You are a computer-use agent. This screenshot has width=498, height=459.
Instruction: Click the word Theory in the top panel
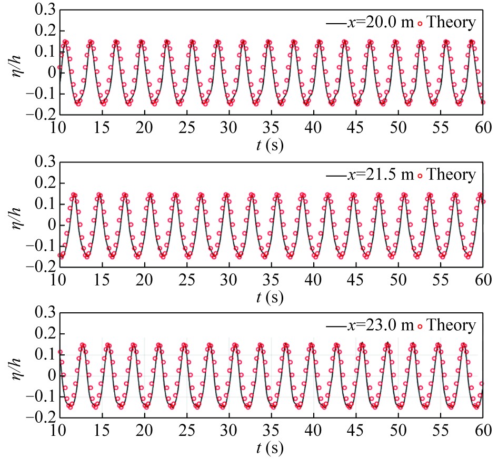[x=451, y=23]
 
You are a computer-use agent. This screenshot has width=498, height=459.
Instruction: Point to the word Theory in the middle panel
[x=451, y=175]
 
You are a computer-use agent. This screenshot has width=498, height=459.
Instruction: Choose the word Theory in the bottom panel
[x=451, y=326]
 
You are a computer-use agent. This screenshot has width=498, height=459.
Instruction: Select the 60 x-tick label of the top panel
[x=483, y=127]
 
